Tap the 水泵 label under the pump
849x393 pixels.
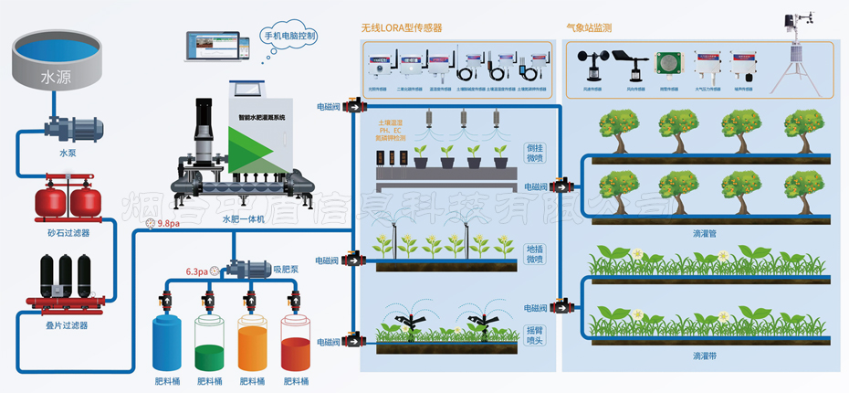[68, 154]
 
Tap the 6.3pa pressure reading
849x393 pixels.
[196, 271]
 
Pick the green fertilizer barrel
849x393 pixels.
[211, 343]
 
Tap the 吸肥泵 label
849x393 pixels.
[287, 270]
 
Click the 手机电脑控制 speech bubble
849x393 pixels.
[289, 37]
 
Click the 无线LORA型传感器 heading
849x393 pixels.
[403, 28]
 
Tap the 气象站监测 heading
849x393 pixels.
[590, 28]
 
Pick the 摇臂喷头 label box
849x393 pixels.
[535, 335]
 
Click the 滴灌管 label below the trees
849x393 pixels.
[705, 233]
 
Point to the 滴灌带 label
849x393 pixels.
[705, 355]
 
